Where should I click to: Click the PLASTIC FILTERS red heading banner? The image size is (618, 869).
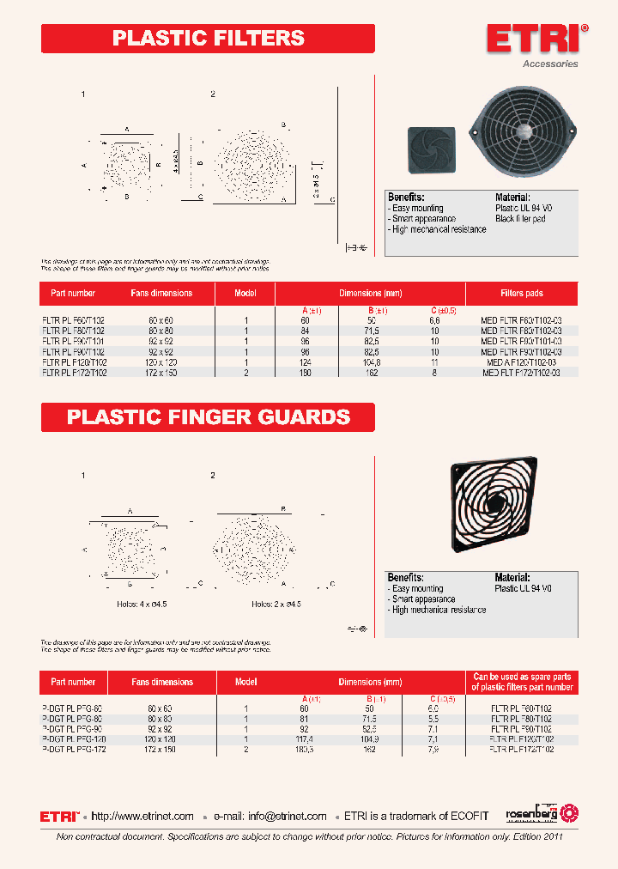[x=209, y=39]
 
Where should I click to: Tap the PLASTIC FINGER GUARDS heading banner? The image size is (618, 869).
[x=209, y=417]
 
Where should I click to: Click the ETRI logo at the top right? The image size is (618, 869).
[x=537, y=39]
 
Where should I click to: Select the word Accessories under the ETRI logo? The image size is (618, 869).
[x=550, y=64]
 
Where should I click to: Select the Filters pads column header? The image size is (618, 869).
[x=522, y=294]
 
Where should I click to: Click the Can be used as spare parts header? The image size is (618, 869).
[x=522, y=682]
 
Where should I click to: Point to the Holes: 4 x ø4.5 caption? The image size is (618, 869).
[x=142, y=605]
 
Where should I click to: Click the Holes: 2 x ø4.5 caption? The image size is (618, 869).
[x=276, y=605]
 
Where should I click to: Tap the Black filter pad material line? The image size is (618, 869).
[x=520, y=219]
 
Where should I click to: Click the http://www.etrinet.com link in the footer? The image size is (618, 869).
[x=142, y=817]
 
